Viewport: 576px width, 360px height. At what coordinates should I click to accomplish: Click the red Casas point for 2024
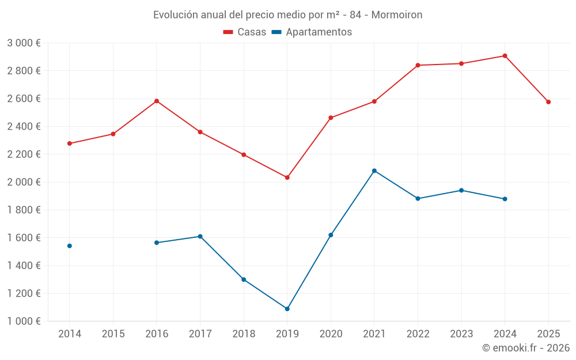(505, 56)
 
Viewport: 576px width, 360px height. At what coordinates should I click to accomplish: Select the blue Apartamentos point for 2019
(287, 309)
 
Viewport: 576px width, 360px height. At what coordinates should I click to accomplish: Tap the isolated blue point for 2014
(69, 246)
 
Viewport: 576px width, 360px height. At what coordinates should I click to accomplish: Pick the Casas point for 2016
(156, 101)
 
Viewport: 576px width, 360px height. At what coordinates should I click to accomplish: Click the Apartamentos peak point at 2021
(374, 170)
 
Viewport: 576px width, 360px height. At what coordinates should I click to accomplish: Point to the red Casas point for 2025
(548, 102)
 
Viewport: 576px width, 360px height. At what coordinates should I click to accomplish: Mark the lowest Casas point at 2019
(287, 177)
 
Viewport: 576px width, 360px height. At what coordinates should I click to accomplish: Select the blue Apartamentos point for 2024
(505, 199)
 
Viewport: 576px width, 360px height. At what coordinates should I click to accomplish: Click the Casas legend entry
(245, 32)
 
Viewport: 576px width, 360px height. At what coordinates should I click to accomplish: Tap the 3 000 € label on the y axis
(24, 43)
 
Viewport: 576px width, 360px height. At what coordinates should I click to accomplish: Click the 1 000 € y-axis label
(24, 321)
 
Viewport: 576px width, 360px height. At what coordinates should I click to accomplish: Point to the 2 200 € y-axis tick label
(24, 154)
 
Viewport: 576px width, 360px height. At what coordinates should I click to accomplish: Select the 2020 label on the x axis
(331, 334)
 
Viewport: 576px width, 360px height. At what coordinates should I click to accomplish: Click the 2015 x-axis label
(113, 334)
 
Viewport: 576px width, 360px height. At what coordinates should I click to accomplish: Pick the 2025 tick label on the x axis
(548, 334)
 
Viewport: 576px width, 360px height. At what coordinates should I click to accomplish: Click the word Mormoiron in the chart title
(396, 15)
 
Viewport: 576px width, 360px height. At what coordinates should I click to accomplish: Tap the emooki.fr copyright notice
(525, 348)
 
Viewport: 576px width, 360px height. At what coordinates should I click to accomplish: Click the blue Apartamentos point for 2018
(244, 279)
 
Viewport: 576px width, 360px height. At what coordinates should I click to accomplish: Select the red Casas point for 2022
(418, 65)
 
